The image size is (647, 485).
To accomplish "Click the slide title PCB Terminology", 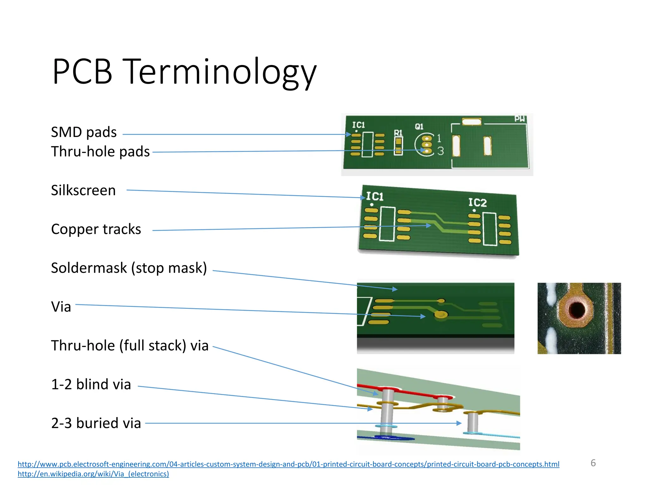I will point(184,72).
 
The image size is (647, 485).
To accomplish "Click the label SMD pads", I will point(84,132).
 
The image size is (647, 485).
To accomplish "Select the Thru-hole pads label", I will point(100,152).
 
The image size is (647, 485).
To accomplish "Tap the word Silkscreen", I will point(83,190).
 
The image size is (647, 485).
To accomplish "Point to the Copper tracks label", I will point(96,229).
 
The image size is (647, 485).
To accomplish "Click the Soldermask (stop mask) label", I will point(129,268).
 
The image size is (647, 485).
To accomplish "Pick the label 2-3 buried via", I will point(96,423).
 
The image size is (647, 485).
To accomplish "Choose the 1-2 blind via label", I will point(91,384).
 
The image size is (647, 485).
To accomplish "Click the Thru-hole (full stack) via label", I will point(130,345).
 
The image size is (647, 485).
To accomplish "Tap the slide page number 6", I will point(593,463).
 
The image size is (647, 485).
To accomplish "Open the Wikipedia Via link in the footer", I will point(93,474).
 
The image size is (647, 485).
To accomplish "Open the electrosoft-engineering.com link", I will point(288,464).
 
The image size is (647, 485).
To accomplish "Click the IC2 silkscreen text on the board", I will point(477,202).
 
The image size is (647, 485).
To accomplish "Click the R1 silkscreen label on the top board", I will point(398,133).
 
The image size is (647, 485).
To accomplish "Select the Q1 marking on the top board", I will point(419,127).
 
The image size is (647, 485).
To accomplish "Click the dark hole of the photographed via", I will point(577,309).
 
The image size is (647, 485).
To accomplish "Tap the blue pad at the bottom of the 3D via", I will point(393,438).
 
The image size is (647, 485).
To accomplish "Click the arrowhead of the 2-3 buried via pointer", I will point(459,423).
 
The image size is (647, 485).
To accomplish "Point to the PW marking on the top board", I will point(519,119).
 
